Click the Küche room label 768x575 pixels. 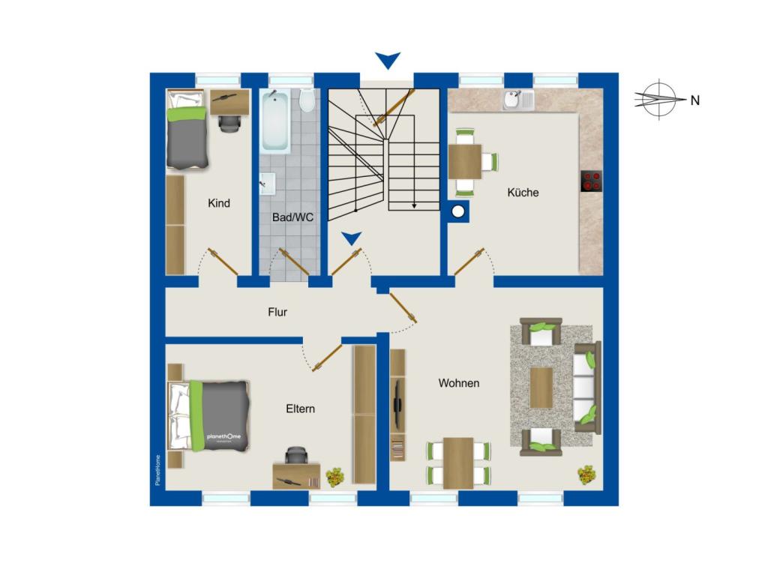pos(523,193)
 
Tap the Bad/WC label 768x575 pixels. pos(292,217)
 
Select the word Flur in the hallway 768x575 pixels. pos(277,312)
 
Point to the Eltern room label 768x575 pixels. pos(300,409)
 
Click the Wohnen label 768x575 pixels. pos(458,383)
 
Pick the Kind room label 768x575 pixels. pos(218,202)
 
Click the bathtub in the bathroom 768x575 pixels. pos(274,121)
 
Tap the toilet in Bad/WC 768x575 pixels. pos(307,100)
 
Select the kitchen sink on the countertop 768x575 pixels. pos(518,100)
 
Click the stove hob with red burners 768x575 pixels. pos(591,181)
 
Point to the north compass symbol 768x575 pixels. pos(660,99)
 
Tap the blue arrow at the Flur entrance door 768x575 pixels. pos(352,238)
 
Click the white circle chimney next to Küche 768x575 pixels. pos(458,211)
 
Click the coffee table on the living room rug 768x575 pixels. pos(541,388)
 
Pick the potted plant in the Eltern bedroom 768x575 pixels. pos(335,477)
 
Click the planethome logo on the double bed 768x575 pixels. pos(223,436)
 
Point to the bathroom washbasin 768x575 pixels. pos(268,184)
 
